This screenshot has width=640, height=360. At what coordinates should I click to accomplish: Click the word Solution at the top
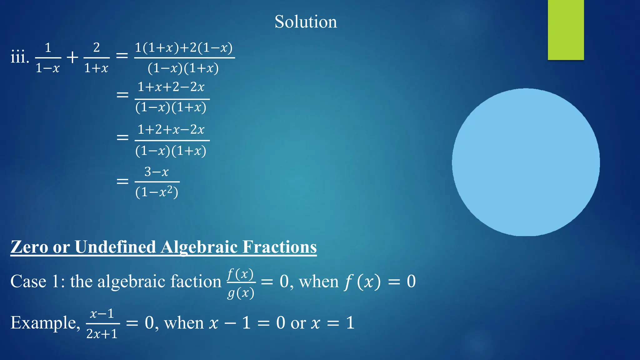pos(306,22)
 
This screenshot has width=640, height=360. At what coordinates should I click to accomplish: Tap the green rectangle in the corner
pos(566,30)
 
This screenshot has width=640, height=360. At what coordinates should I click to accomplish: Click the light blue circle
pos(526,162)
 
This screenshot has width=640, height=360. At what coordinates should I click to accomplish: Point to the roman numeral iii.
pos(19,57)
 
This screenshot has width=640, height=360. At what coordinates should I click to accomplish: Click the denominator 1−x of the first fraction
pos(47,68)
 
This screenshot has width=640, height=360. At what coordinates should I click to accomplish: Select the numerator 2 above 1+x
pos(97,47)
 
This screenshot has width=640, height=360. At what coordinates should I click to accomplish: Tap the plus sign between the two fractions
pos(72,57)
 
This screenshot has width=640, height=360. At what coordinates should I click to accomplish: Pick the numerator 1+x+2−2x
pos(171,87)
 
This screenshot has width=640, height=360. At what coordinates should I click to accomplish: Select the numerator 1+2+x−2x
pos(171,129)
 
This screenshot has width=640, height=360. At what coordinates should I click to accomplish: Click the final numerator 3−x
pos(157,172)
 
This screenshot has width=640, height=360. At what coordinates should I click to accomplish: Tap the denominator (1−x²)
pos(157,192)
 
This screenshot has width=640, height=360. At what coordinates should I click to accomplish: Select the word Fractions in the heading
pos(279,247)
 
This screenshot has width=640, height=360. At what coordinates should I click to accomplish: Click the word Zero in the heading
pos(29,247)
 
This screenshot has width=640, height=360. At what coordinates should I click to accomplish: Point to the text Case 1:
pos(37,281)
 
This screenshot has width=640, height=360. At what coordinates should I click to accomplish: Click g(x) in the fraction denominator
pos(241,293)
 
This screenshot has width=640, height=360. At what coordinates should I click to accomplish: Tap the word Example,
pos(45,322)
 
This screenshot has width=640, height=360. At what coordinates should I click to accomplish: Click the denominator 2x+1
pos(102,334)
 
